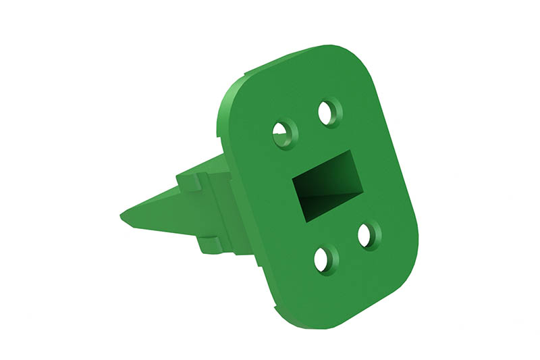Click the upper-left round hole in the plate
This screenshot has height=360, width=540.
283,134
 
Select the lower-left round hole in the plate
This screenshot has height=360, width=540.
325,259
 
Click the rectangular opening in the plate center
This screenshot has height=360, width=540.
324,186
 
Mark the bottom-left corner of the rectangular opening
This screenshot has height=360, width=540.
302,220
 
